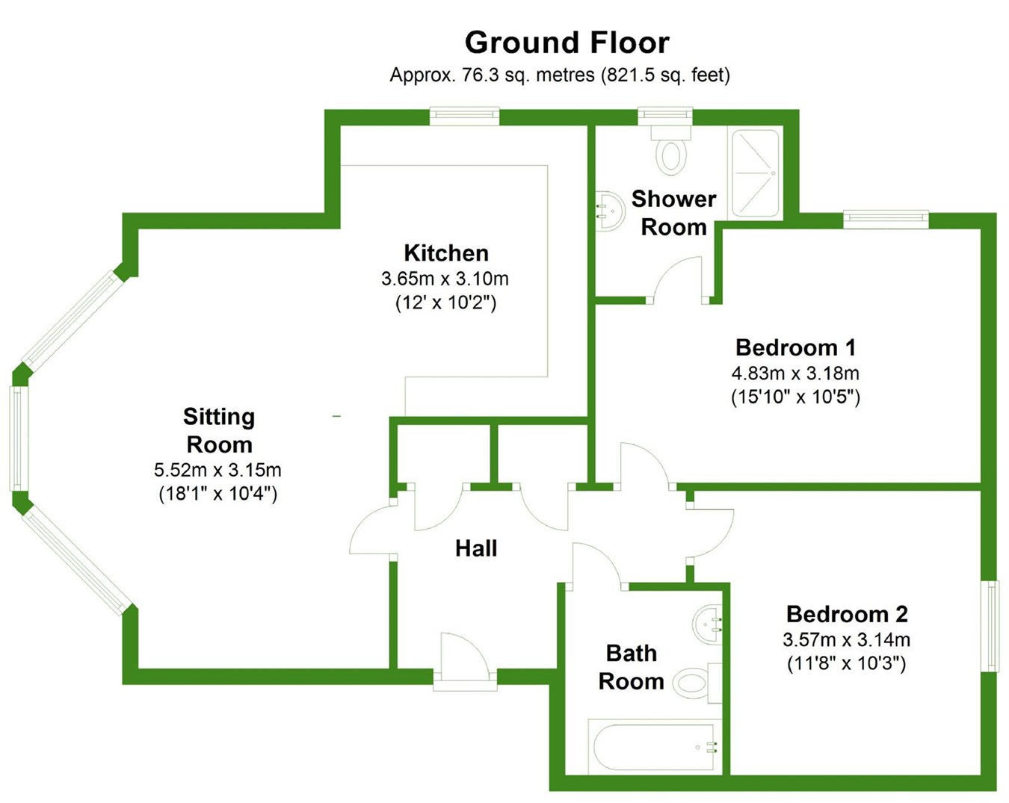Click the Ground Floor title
pos(567,43)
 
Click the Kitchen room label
pos(446,252)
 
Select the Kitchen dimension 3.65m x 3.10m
pos(445,279)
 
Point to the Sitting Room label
pos(219,430)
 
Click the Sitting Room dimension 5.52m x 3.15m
pos(217,470)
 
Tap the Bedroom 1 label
pos(795,347)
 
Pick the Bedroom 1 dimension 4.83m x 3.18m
pos(795,373)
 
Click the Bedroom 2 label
pos(847,614)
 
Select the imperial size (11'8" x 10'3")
pos(846,663)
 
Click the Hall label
pos(476,548)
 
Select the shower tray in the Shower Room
pos(755,173)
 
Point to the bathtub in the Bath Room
pos(655,747)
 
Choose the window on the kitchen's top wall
pos(464,116)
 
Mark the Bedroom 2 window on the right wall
pos(991,626)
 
